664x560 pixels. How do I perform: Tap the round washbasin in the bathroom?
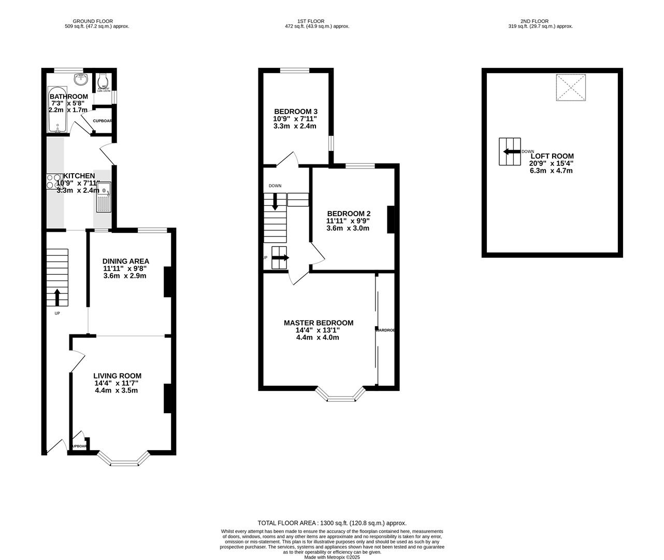[x=81, y=79]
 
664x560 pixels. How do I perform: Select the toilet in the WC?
[x=102, y=81]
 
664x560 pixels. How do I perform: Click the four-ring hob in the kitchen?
[x=53, y=180]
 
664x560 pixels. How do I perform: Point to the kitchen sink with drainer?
[x=104, y=197]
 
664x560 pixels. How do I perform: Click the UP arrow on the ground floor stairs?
[x=57, y=297]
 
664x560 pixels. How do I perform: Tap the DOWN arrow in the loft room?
[x=511, y=151]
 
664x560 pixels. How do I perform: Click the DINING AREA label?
[x=126, y=261]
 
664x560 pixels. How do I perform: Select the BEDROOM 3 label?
[x=296, y=111]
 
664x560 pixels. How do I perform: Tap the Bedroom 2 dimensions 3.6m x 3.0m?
[x=348, y=228]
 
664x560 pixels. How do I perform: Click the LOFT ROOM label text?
[x=552, y=156]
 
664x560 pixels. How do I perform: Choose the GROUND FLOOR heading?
[x=93, y=21]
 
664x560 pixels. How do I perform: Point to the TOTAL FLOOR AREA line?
[x=332, y=523]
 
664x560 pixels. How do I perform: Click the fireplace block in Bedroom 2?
[x=391, y=219]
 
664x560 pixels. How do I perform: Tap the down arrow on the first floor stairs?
[x=275, y=201]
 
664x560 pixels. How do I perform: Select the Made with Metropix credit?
[x=331, y=557]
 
